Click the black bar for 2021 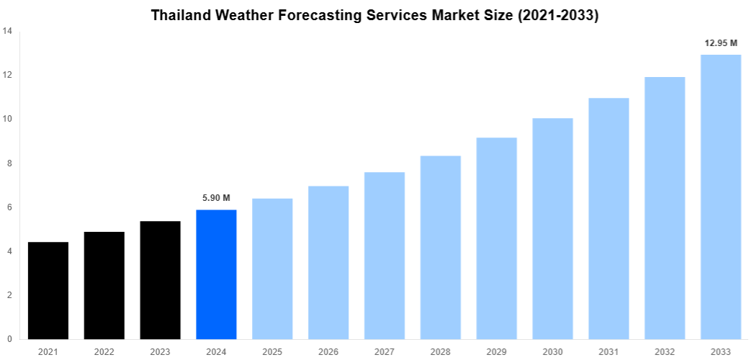tap(48, 291)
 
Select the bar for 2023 tap(160, 280)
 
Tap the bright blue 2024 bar tap(216, 274)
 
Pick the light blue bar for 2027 tap(385, 256)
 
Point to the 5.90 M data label tap(216, 198)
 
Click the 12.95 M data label tap(720, 43)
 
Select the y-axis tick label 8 tap(9, 163)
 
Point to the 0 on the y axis tap(9, 339)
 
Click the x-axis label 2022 tap(104, 351)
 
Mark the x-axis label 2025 tap(272, 351)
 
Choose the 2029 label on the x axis tap(496, 351)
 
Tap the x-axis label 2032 tap(665, 351)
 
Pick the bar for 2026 tap(328, 263)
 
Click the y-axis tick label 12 tap(6, 75)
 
